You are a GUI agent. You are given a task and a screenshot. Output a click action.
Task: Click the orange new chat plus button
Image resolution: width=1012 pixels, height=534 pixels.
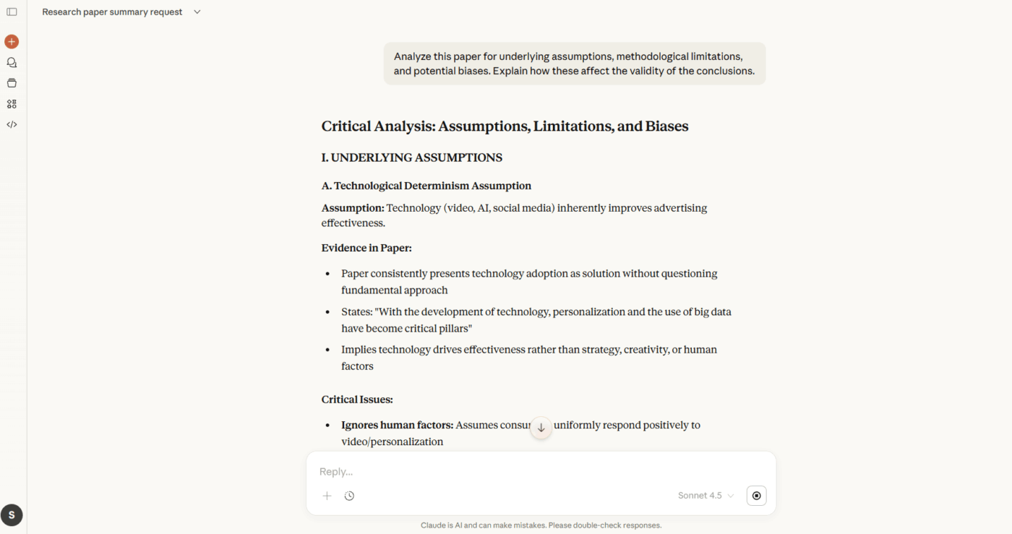[12, 42]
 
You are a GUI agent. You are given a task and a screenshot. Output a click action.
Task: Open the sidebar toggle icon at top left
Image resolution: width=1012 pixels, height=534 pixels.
[12, 12]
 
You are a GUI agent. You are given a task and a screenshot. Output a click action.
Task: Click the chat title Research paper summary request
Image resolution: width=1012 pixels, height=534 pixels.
[112, 12]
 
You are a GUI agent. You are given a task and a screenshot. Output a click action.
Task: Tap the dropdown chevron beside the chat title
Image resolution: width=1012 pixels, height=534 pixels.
[197, 12]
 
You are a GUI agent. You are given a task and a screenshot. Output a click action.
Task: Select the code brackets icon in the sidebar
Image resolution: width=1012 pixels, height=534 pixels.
[12, 124]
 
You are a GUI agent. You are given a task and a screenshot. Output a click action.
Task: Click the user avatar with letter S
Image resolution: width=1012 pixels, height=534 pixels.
[12, 515]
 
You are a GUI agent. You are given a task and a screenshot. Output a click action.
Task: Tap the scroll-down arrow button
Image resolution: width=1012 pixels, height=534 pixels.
[541, 428]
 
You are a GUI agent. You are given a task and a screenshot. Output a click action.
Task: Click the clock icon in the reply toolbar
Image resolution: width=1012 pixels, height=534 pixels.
[349, 496]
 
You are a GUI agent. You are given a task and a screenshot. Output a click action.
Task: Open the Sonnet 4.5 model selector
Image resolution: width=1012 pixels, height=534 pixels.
[706, 496]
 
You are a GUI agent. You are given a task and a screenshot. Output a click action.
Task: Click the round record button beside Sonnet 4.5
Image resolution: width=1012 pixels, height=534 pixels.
[756, 496]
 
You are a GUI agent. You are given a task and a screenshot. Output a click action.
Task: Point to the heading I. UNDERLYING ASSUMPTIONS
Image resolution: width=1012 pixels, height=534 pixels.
[412, 158]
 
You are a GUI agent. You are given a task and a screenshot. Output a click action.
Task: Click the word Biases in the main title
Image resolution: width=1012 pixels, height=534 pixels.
[666, 126]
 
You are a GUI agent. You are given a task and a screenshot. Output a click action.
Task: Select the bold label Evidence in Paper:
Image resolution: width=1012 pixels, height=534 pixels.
[366, 248]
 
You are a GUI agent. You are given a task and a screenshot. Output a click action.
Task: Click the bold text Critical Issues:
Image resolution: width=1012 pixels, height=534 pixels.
[357, 400]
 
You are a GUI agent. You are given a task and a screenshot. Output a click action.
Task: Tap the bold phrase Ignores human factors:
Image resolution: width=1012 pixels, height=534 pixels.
[397, 425]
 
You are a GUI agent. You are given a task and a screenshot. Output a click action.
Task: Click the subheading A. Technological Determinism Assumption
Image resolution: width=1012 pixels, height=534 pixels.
[426, 186]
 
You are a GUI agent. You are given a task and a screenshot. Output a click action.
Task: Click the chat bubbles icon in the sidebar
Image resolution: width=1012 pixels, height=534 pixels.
[12, 63]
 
